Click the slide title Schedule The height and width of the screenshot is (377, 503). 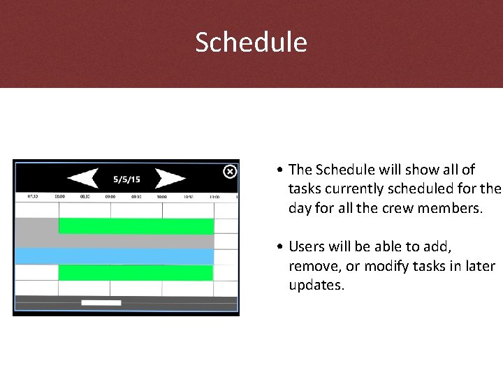pos(251,43)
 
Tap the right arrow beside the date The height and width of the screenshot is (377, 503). pos(169,179)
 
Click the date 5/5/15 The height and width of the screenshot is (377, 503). pos(127,179)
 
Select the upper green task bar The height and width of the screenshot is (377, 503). pos(136,226)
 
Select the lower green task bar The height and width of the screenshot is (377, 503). pos(136,272)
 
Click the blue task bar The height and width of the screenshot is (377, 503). pos(114,256)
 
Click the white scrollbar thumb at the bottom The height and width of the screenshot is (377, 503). pos(101,303)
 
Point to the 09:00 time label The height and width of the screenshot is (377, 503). pos(110,197)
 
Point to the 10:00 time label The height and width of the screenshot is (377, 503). pos(161,197)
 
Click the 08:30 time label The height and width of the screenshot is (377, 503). pos(85,197)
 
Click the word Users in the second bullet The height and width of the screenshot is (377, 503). pos(305,246)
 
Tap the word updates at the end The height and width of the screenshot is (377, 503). pos(316,285)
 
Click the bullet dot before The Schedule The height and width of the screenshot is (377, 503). pos(279,170)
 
